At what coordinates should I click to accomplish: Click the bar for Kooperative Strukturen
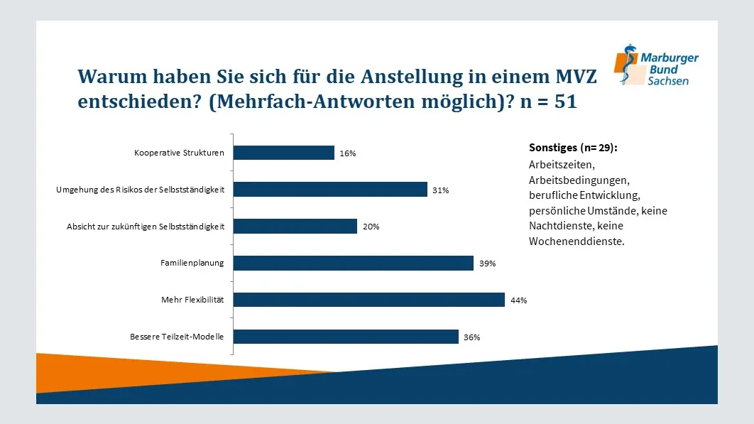(283, 153)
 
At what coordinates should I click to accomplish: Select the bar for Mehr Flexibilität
(368, 300)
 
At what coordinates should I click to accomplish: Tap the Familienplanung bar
(353, 263)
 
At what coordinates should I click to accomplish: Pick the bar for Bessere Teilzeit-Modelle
(346, 337)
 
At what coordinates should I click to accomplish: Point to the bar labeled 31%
(330, 190)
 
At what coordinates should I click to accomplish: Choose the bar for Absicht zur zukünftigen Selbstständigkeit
(295, 227)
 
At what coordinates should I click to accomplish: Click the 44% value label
(518, 300)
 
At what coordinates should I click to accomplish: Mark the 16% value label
(347, 153)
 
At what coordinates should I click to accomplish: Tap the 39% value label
(487, 263)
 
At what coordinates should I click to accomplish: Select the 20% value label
(371, 227)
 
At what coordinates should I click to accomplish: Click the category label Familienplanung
(192, 263)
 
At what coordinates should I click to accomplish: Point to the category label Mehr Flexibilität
(192, 300)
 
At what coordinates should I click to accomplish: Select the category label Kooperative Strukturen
(179, 153)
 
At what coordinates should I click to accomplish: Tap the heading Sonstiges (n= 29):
(573, 148)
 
